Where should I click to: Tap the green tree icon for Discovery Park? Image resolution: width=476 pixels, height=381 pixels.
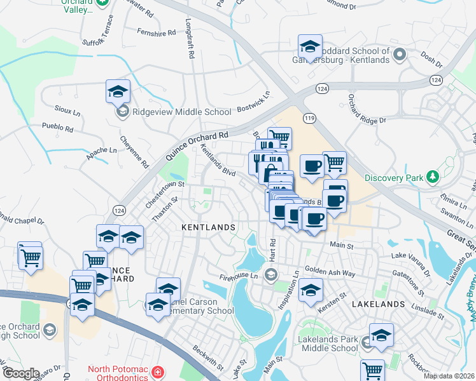433,176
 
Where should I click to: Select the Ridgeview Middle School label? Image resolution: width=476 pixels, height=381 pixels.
181,112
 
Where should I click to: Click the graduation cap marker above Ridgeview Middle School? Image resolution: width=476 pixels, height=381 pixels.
118,91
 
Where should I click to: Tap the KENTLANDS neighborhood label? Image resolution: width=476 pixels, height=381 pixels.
209,227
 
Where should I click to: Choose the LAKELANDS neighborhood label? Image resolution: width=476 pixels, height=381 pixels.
377,304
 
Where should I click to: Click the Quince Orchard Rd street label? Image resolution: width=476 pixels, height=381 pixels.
197,145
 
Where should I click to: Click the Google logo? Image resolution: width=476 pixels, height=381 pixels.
21,373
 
